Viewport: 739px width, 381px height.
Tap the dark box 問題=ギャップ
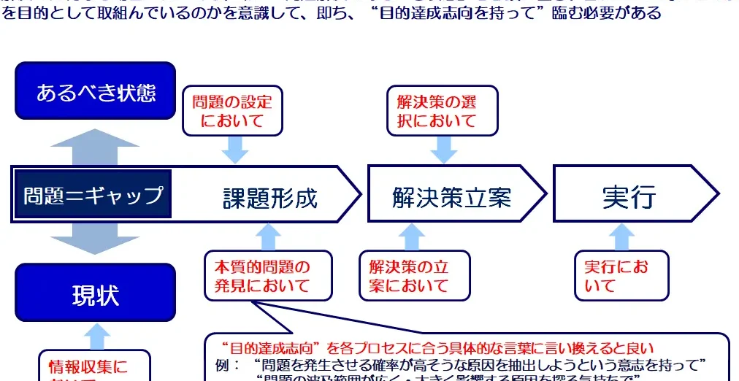coord(93,195)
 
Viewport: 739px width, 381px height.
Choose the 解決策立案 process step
coord(451,196)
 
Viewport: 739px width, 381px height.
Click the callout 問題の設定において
coord(231,112)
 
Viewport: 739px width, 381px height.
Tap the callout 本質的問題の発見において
coord(267,276)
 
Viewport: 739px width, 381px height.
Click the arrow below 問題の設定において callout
coord(235,150)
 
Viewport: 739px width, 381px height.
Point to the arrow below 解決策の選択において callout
coord(443,150)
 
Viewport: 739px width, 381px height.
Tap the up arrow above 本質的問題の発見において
coord(269,236)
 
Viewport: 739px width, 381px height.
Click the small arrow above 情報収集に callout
coord(95,336)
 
